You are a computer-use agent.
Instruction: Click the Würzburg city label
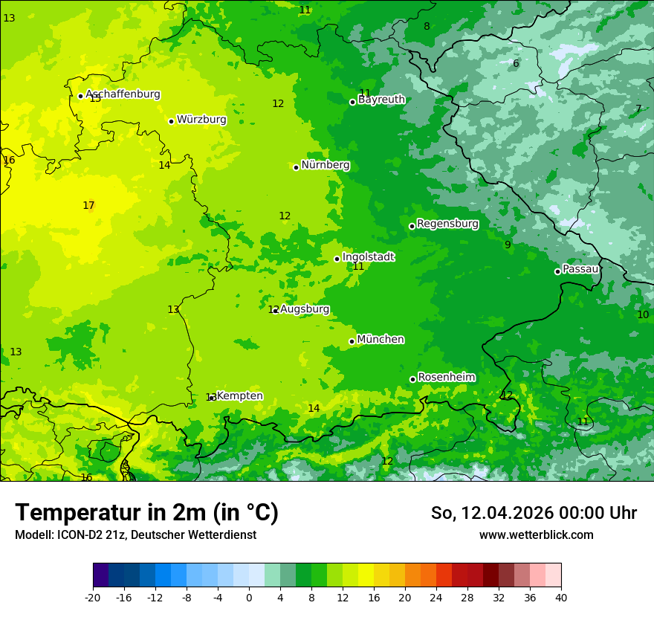pos(201,120)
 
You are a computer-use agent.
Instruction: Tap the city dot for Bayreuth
pos(352,102)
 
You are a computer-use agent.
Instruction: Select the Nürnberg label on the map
pos(326,165)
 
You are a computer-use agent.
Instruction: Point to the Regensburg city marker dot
pos(412,226)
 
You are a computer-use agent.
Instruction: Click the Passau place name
pos(580,269)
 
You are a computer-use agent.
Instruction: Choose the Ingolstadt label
pos(368,257)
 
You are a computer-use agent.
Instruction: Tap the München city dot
pos(352,341)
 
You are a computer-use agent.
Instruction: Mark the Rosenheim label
pos(446,378)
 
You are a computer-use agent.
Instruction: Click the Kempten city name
pos(239,396)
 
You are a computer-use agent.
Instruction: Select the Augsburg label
pos(305,309)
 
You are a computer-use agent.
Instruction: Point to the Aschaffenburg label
pos(123,94)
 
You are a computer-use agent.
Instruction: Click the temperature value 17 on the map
pos(88,206)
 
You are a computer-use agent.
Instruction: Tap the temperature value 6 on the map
pos(516,64)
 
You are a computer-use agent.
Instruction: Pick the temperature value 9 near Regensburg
pos(508,245)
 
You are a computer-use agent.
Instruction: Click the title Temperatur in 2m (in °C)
pos(146,513)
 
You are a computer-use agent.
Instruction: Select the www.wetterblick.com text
pos(536,535)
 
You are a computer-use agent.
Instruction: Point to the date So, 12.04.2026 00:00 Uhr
pos(534,513)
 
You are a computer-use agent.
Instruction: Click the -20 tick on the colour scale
pos(93,598)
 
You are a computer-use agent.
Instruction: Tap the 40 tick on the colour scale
pos(560,598)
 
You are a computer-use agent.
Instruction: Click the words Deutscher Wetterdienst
pos(207,535)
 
